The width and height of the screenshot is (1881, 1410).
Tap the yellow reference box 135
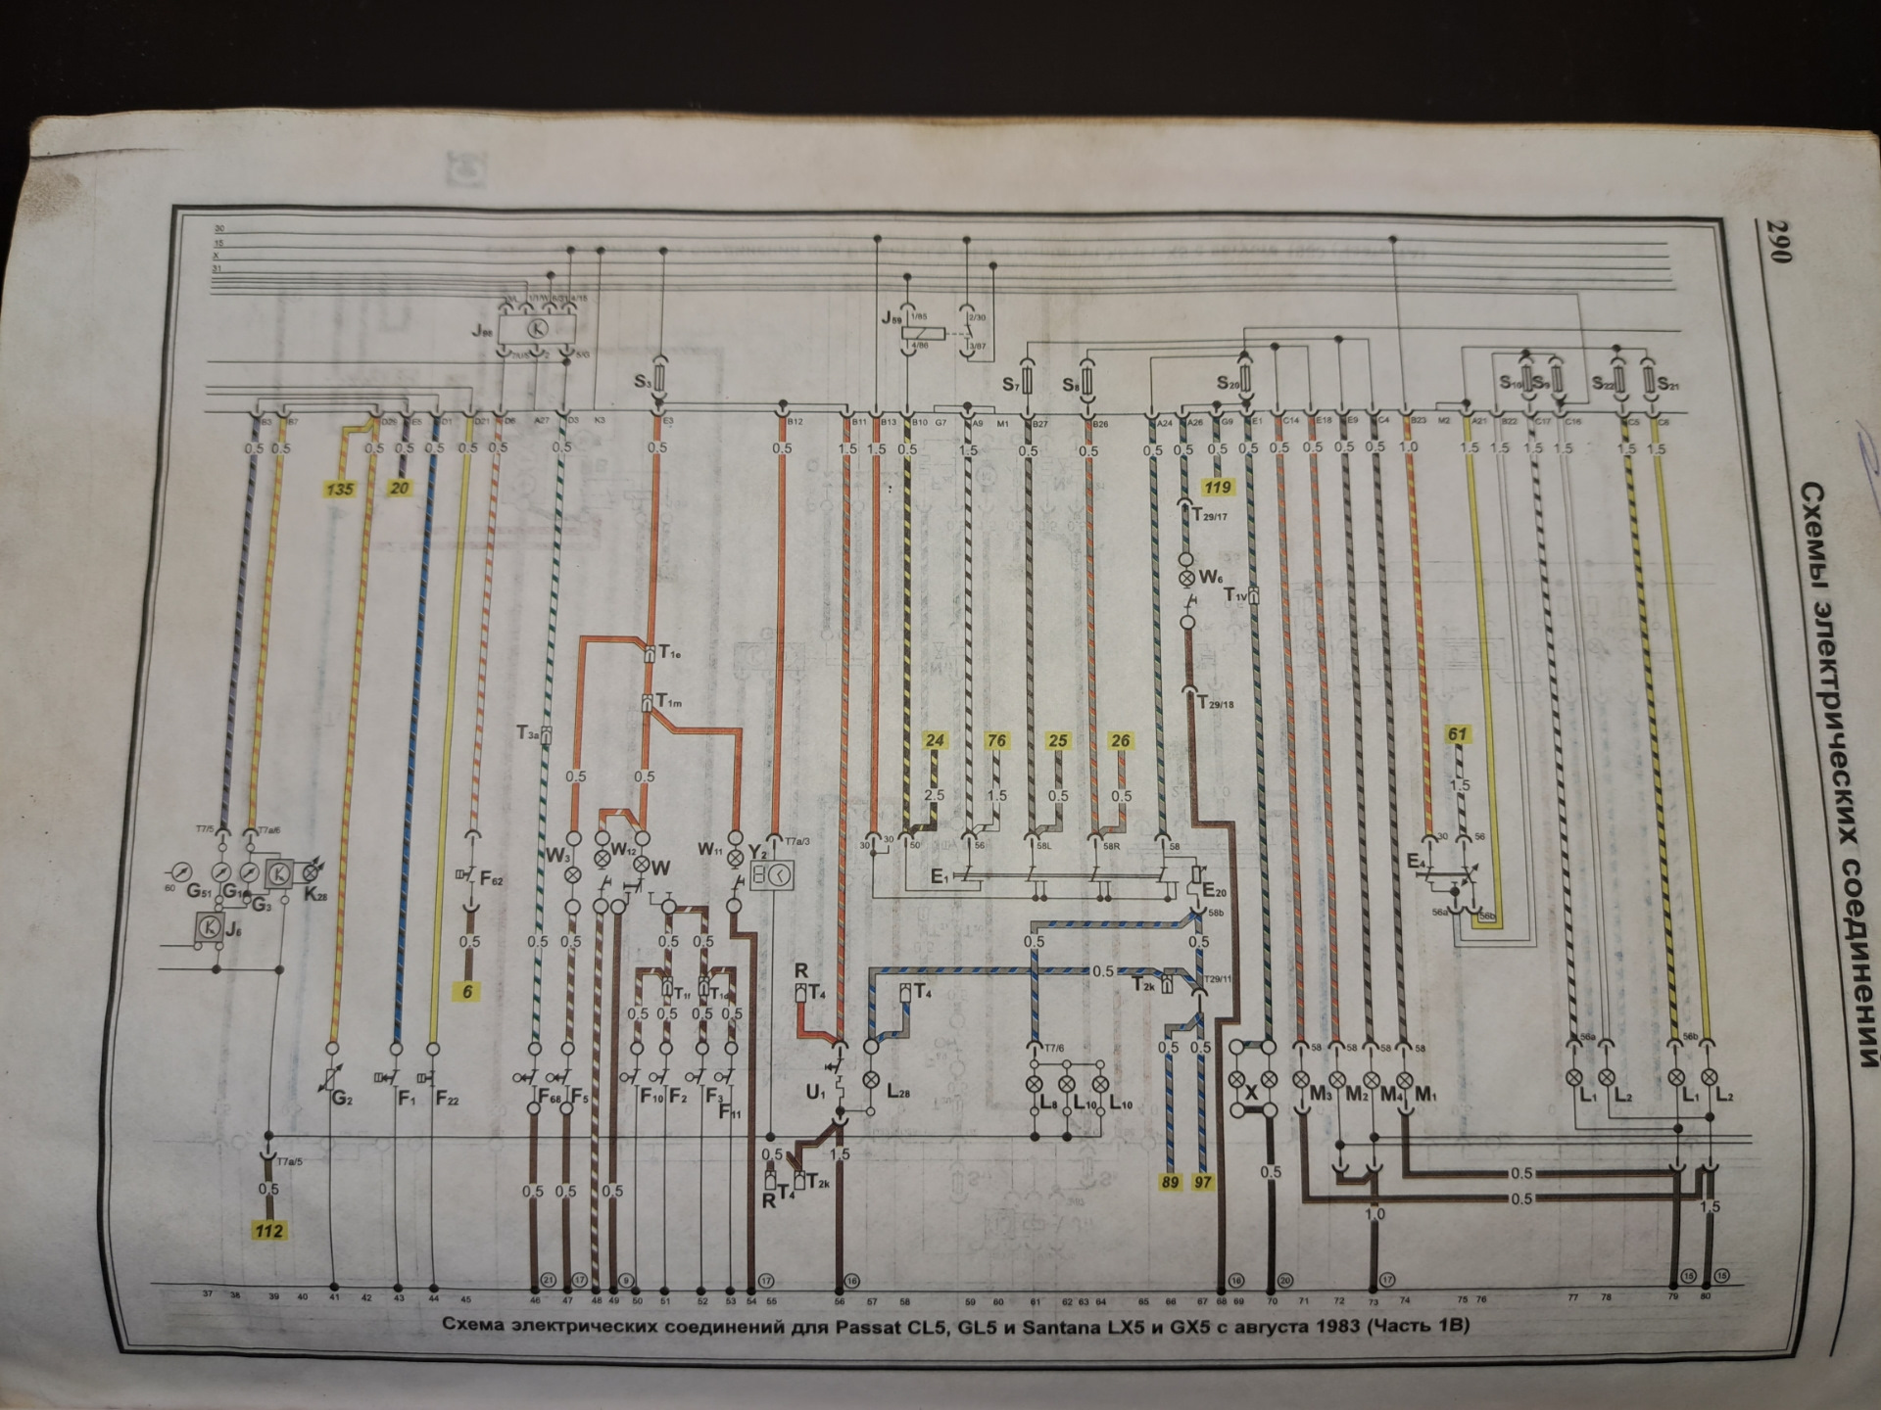tap(341, 488)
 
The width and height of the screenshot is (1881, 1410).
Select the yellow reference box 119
tap(1218, 487)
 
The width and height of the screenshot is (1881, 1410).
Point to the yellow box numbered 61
tap(1458, 733)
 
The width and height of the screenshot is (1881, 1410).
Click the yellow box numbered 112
tap(267, 1231)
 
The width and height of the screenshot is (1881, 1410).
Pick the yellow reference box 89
tap(1170, 1182)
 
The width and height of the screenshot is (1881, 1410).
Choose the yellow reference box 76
tap(996, 740)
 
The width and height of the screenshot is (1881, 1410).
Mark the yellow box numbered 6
tap(467, 991)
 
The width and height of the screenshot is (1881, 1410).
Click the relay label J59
tap(892, 318)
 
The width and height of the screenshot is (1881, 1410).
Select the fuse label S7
tap(1013, 385)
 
